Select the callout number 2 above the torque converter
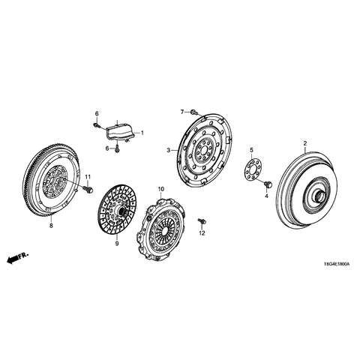304,143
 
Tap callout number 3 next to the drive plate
169,150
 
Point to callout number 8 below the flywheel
50,225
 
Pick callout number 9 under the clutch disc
117,243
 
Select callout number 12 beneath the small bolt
201,234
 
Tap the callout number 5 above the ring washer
251,150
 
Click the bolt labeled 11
88,190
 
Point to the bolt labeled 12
200,220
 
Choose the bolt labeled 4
266,184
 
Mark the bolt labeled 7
193,112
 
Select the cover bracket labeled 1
120,131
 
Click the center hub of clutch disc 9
118,212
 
